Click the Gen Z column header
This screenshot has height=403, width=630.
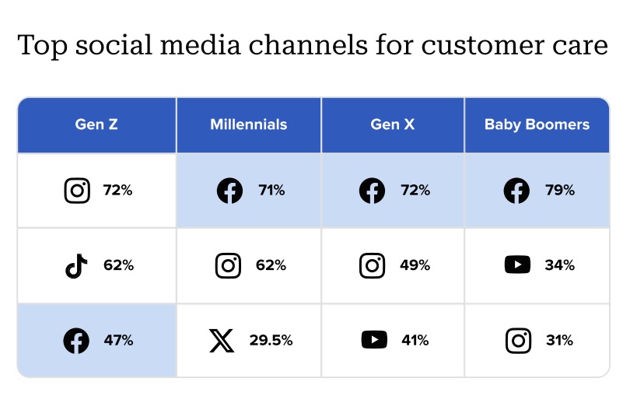tap(96, 124)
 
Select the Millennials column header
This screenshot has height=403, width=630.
tap(248, 124)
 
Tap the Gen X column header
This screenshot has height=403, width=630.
tap(393, 124)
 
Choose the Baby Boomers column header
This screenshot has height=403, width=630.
tap(537, 124)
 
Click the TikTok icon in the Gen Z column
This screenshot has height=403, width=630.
tap(76, 266)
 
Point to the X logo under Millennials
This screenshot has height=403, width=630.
tap(222, 341)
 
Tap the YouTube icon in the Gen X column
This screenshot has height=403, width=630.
tap(374, 340)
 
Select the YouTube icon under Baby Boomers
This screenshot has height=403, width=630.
tap(517, 265)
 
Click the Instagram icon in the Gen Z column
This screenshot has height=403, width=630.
tap(77, 191)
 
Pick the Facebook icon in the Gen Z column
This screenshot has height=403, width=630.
tap(76, 341)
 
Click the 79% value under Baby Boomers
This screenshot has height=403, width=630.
tap(560, 190)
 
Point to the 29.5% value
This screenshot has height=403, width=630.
tap(271, 341)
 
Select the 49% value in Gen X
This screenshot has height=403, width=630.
tap(415, 265)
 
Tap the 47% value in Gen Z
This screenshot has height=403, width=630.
tap(118, 341)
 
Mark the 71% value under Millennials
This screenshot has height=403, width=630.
tap(271, 191)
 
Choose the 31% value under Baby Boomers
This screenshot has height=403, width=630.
tap(559, 340)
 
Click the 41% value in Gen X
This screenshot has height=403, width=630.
tap(415, 340)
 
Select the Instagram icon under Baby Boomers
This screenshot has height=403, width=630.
tap(517, 340)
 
